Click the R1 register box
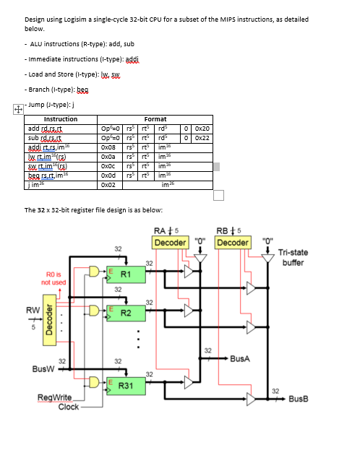click(x=124, y=274)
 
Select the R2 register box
click(x=124, y=313)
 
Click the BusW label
click(x=42, y=368)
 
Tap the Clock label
click(x=69, y=407)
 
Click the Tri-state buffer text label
click(x=293, y=256)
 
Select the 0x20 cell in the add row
click(x=202, y=129)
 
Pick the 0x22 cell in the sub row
click(x=202, y=137)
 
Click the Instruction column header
click(x=61, y=119)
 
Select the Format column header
click(x=155, y=119)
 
